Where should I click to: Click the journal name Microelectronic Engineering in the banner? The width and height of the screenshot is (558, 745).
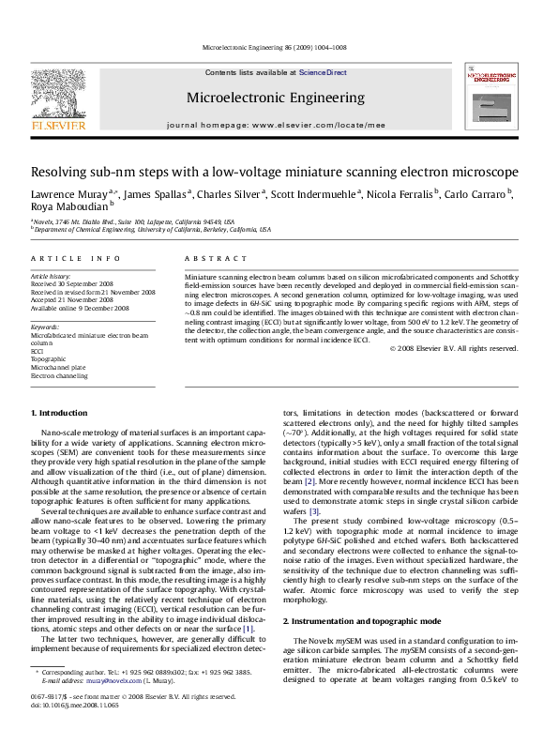275,98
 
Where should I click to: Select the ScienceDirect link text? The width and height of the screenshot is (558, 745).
324,72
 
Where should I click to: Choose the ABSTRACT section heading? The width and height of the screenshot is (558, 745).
207,257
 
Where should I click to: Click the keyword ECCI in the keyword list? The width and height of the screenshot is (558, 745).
38,352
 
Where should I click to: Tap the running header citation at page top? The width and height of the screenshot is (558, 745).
278,44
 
